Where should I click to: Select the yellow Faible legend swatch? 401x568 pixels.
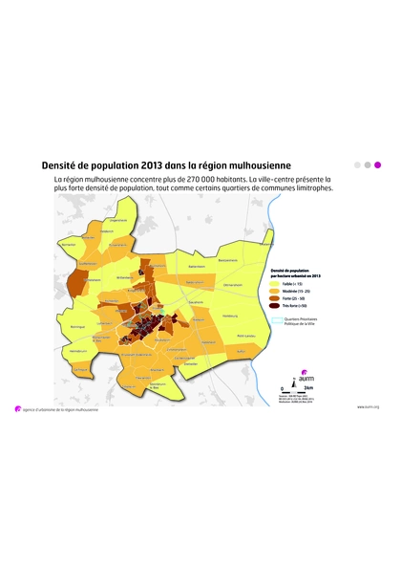point(275,284)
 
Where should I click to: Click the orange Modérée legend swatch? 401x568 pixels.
point(275,293)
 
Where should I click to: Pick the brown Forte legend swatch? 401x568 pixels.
point(275,300)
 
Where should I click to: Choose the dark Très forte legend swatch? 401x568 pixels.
point(275,309)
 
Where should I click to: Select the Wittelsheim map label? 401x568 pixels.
point(88,264)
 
